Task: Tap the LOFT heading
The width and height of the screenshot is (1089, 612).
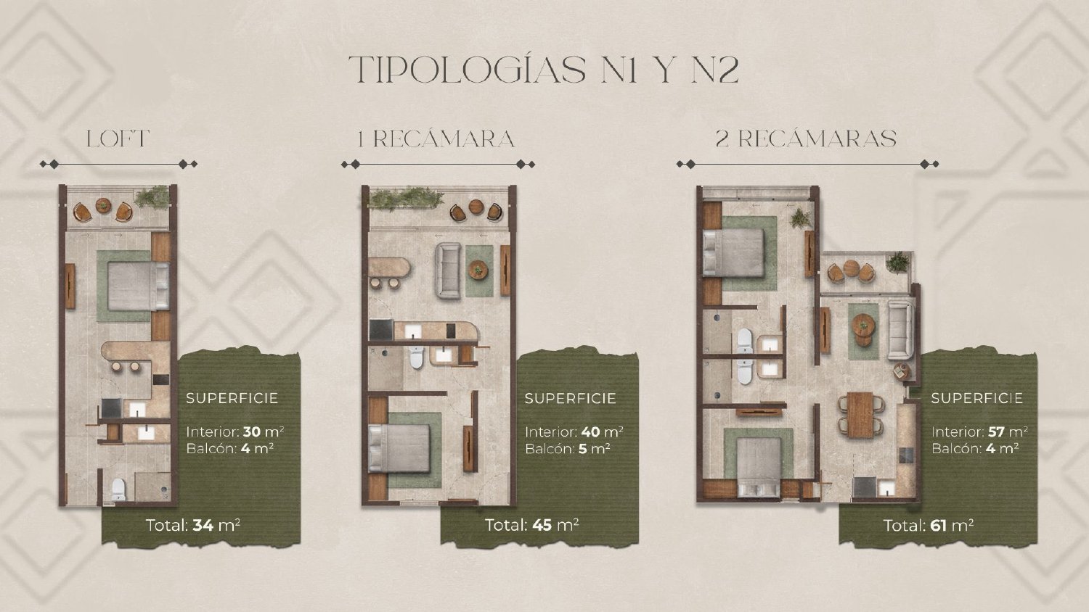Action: (118, 139)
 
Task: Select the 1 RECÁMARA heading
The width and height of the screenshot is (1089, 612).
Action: (436, 139)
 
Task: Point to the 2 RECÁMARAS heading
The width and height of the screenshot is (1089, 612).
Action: (806, 139)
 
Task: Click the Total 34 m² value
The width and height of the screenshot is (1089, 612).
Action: (193, 526)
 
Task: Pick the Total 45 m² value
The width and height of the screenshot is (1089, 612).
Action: (532, 525)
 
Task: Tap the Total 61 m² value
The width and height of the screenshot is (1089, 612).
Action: (929, 526)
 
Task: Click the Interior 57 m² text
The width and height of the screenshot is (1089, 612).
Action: (979, 431)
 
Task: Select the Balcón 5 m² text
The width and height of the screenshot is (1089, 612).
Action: (568, 448)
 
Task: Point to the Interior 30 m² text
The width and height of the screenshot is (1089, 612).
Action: (235, 431)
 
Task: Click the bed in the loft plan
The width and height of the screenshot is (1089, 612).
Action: (139, 286)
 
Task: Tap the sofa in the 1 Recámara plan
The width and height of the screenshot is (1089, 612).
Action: (448, 270)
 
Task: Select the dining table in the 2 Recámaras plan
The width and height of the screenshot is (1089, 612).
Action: (860, 415)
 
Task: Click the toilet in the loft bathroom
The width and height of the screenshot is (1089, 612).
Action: (118, 489)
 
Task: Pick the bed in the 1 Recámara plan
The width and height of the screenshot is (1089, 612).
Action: (399, 448)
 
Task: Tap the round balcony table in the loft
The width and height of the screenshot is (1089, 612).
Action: (104, 205)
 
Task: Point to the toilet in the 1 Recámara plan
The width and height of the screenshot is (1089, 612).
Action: (417, 357)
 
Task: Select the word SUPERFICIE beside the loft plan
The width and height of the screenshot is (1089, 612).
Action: (232, 398)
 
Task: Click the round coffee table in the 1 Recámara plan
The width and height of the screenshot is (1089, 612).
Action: (478, 270)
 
